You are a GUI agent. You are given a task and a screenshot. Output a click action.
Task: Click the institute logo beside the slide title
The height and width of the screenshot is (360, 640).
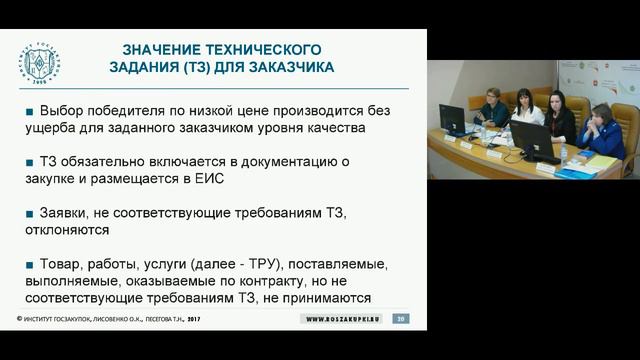[x=41, y=63]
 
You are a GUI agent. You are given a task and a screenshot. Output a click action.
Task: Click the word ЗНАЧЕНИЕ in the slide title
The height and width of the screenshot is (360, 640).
[x=164, y=49]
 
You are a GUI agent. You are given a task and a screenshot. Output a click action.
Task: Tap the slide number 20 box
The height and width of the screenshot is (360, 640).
[x=401, y=318]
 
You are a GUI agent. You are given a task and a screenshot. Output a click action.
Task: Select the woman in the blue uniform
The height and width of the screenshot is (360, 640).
[x=603, y=130]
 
